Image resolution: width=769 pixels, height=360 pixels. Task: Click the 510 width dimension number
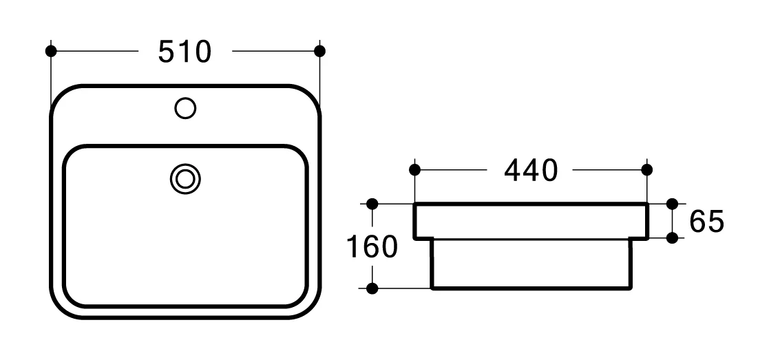pos(185,52)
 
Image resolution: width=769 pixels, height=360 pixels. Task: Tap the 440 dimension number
pos(530,170)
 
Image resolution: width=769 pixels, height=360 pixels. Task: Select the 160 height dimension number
pos(372,246)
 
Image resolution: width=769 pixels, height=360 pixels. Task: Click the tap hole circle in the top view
pos(185,108)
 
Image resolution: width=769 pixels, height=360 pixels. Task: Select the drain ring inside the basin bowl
pos(185,179)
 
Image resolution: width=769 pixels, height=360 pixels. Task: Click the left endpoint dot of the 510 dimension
pos(50,51)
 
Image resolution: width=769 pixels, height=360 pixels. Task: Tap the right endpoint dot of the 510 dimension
pos(319,51)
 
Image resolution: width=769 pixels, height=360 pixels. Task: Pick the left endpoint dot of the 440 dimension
pos(414,169)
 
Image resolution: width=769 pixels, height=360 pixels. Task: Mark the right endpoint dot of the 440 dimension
pos(646,169)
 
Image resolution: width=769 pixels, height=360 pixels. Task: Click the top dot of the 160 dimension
pos(372,204)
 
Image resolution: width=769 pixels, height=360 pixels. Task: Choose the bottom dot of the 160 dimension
pos(372,288)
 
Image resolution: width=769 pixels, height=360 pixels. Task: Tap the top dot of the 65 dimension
pos(673,204)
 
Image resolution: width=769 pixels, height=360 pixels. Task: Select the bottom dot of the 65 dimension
pos(673,237)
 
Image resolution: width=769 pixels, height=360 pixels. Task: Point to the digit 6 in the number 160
pos(372,246)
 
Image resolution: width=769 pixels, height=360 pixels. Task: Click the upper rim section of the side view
pos(530,221)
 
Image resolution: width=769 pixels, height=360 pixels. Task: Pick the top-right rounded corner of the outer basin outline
pos(309,97)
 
